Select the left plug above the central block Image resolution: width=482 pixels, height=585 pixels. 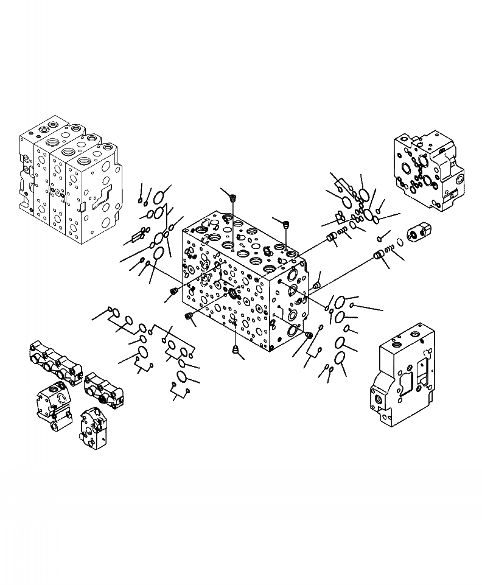click(x=232, y=196)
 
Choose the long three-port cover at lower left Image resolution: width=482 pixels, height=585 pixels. click(x=55, y=363)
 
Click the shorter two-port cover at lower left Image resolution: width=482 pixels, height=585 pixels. click(x=105, y=388)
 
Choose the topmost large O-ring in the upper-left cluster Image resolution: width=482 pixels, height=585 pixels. click(x=159, y=197)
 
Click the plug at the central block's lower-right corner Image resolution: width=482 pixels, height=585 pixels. click(x=309, y=335)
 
